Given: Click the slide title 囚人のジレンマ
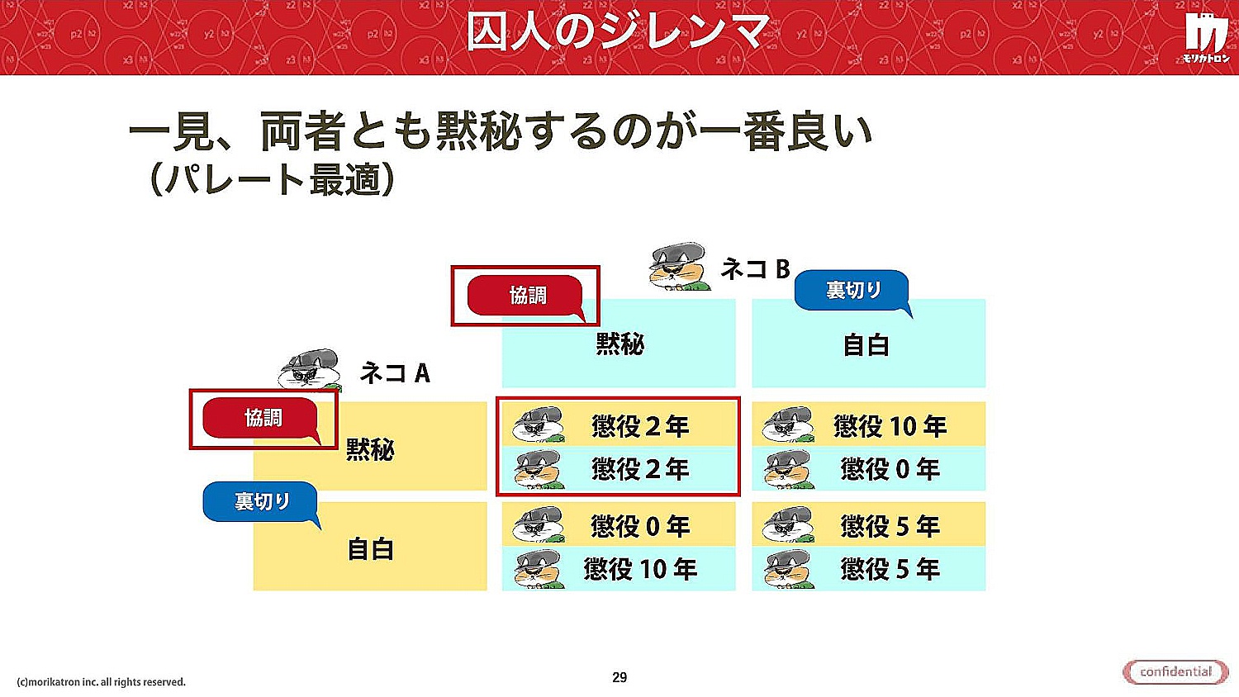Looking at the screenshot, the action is tap(619, 31).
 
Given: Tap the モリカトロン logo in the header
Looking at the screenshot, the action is tap(1206, 38).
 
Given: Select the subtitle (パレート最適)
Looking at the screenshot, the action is tap(272, 179).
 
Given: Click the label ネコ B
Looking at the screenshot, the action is tap(755, 269).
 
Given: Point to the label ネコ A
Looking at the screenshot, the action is tap(395, 372).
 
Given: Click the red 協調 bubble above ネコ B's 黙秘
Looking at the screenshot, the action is tap(526, 296).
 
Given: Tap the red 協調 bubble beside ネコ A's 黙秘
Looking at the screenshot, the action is tap(262, 420).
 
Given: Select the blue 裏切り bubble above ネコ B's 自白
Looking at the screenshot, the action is tap(853, 292).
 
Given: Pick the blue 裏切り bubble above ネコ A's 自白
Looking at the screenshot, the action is tap(261, 503).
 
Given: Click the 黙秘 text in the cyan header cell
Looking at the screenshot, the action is tap(619, 344).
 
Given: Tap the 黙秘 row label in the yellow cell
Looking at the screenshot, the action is tap(370, 450).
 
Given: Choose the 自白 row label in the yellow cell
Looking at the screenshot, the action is tap(370, 549).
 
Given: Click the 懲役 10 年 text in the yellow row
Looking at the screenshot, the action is tap(890, 426).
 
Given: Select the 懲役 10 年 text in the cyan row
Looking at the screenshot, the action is tap(640, 569).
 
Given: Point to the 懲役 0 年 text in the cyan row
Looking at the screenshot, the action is tap(890, 470).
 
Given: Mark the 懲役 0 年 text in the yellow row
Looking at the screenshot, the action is tap(640, 526).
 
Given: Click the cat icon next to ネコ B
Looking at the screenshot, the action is tap(679, 267).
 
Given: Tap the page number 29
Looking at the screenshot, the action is tap(619, 678).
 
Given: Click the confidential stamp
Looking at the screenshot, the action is tap(1175, 672).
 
